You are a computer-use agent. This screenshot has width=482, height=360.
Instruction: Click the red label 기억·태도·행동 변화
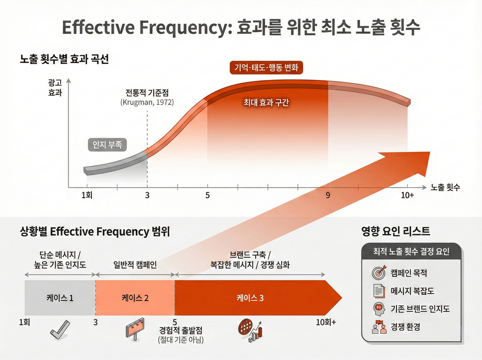click(266, 67)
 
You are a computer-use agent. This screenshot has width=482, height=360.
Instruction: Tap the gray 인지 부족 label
click(107, 144)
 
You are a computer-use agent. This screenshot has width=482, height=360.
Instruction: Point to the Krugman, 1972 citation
click(147, 102)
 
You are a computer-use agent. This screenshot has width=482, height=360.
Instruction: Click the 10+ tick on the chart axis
click(407, 195)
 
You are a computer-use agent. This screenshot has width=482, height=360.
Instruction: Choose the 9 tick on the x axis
click(328, 195)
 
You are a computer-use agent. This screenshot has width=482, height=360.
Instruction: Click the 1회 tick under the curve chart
click(87, 195)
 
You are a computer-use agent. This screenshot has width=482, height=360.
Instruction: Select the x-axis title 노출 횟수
click(445, 188)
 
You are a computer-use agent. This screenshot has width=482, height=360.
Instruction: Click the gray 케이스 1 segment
click(60, 298)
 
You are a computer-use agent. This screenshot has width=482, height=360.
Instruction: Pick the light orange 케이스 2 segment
click(135, 298)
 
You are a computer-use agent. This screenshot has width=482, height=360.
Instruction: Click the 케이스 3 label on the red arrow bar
click(250, 298)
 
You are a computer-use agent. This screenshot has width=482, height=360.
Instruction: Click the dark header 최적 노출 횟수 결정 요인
click(411, 252)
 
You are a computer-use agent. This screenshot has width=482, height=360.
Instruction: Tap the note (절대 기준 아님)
click(180, 341)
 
